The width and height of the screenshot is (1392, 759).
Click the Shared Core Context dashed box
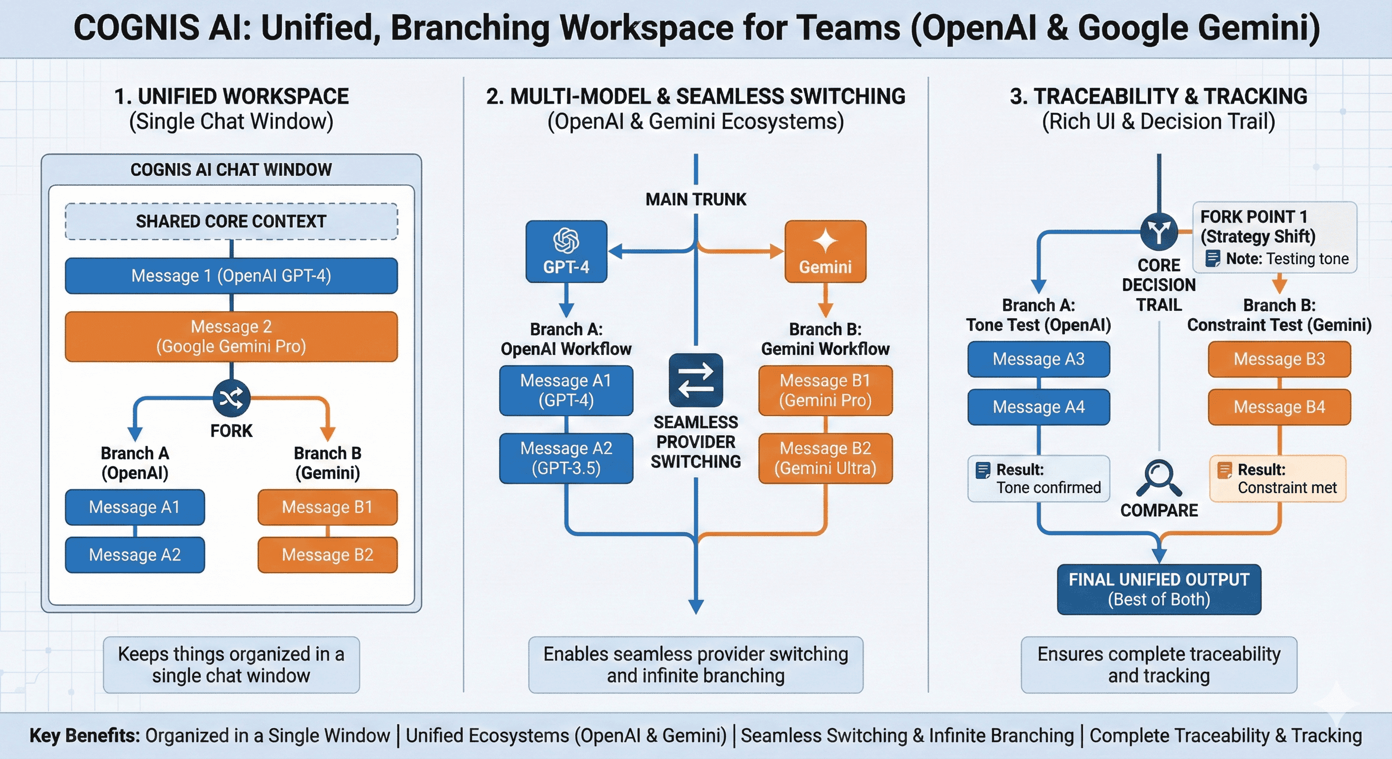pos(231,221)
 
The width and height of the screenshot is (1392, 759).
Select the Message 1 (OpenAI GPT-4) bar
pos(231,276)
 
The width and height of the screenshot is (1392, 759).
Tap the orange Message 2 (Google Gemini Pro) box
pos(231,337)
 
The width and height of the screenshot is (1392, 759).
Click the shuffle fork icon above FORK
pos(231,399)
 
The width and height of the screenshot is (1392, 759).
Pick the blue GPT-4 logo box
pos(566,251)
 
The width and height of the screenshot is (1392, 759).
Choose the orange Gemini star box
pos(825,251)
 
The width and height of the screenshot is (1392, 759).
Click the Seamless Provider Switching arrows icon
pos(696,380)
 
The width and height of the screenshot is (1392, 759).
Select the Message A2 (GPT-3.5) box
pos(566,458)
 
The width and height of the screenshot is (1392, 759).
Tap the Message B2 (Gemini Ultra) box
pos(825,458)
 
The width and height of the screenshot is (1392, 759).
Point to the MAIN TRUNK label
pos(696,199)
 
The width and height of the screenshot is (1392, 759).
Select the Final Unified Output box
pos(1159,590)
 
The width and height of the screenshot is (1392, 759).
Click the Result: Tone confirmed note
pos(1039,479)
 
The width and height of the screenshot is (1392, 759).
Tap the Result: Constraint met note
pos(1277,479)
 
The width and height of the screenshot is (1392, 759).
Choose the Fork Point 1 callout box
pos(1274,237)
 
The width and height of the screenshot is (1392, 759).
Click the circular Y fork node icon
pos(1159,232)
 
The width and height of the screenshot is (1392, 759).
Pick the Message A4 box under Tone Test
pos(1039,407)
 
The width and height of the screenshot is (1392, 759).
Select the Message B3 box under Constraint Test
pos(1279,359)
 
